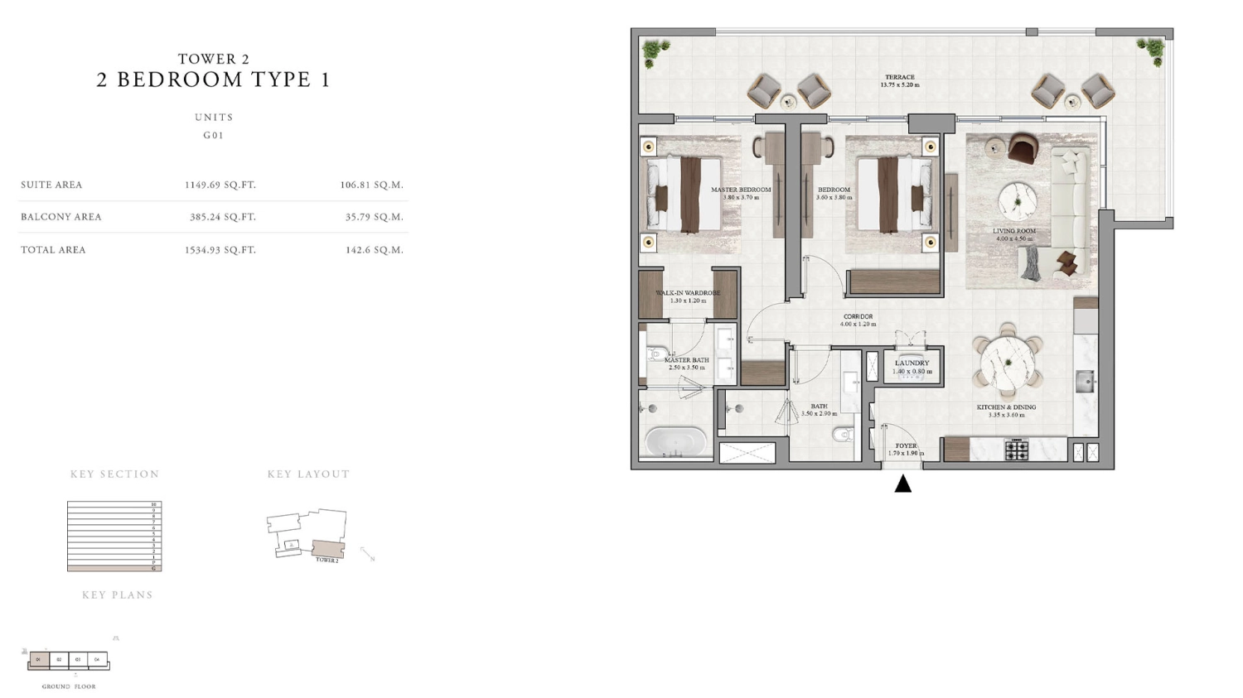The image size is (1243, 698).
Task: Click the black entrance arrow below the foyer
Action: [x=903, y=484]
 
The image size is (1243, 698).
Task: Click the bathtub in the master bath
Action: [x=676, y=440]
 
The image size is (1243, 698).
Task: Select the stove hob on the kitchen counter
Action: [x=1017, y=450]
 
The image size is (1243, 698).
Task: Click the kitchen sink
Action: [x=1085, y=381]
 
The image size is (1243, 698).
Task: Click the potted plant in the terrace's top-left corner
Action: [x=655, y=51]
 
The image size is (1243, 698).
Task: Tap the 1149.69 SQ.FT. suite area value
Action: [x=220, y=185]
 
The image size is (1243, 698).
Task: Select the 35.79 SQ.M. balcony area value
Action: [x=375, y=217]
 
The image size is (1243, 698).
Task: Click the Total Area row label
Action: [x=53, y=249]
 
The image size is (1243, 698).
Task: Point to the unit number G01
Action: [x=214, y=135]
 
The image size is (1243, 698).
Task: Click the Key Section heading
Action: [x=114, y=474]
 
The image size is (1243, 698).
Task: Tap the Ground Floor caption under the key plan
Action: [x=69, y=686]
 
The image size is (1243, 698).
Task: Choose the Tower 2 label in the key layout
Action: [x=326, y=561]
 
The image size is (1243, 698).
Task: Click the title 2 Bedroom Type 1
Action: [x=214, y=79]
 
